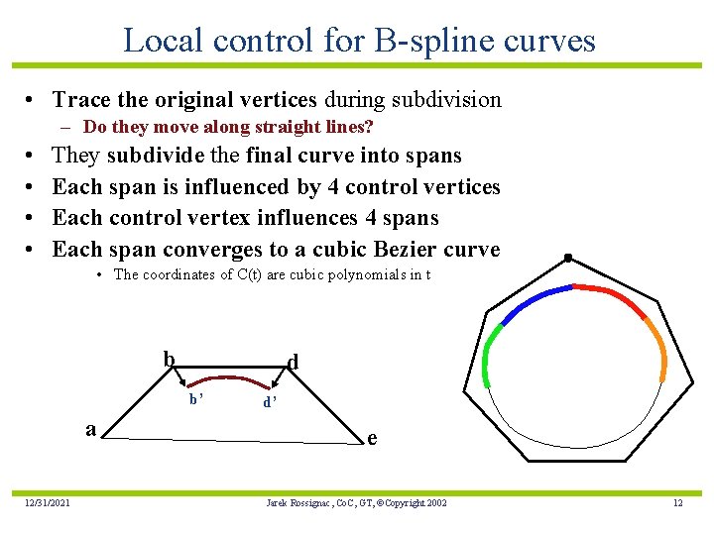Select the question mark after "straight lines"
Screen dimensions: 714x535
click(x=369, y=127)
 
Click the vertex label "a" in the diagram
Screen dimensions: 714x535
click(x=90, y=429)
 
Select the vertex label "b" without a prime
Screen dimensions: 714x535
click(x=169, y=359)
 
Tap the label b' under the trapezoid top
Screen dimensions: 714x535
click(x=196, y=399)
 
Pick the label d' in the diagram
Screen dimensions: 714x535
click(x=269, y=403)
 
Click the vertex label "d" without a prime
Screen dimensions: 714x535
click(x=293, y=363)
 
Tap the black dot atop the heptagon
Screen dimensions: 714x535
click(x=567, y=259)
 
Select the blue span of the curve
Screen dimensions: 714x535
click(x=535, y=300)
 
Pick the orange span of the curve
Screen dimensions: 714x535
click(x=656, y=347)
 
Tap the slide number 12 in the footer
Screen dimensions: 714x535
click(x=677, y=503)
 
